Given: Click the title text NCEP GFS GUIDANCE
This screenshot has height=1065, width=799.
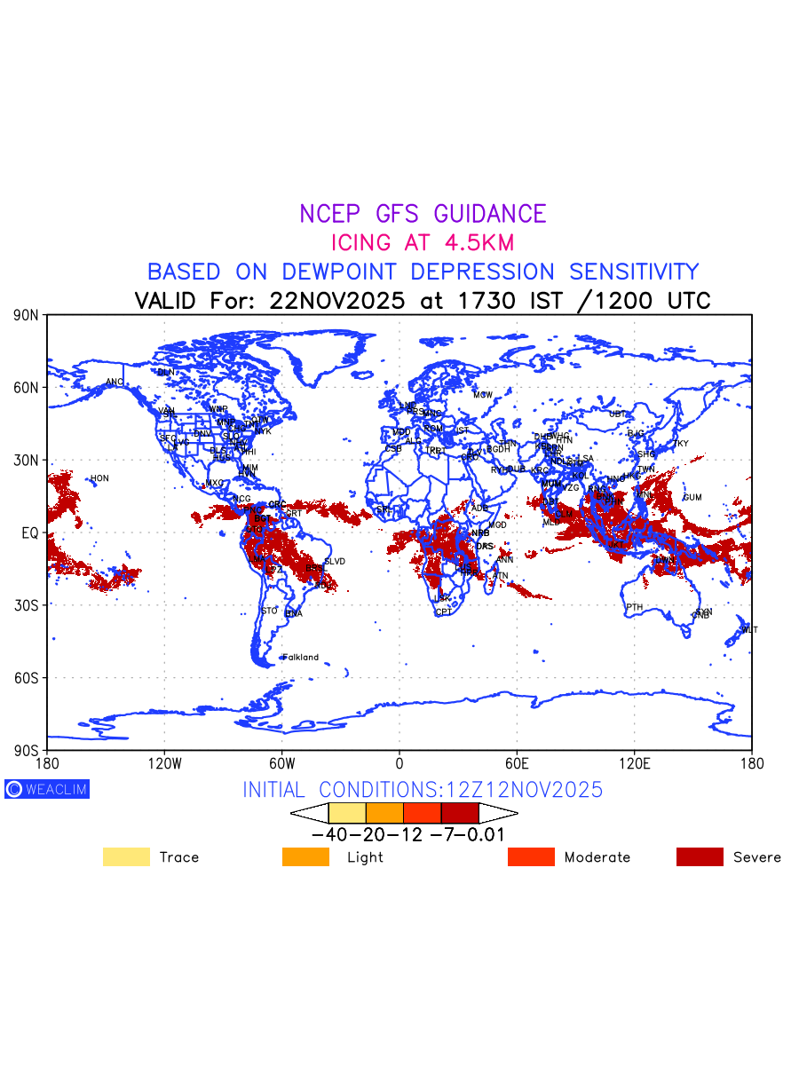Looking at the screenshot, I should tap(423, 214).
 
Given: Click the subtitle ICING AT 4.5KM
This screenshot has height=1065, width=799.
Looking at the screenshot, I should tap(423, 242).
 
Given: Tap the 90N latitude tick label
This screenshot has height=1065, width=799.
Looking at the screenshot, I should tap(28, 315).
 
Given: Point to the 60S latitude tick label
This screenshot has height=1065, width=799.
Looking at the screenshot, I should tap(28, 678).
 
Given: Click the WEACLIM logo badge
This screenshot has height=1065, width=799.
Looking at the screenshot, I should tap(47, 789).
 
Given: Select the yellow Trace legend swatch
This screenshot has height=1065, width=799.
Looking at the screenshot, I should tap(126, 856).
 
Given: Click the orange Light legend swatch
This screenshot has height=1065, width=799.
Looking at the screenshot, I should tap(305, 856).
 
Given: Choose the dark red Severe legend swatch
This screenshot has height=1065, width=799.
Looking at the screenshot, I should tap(700, 856).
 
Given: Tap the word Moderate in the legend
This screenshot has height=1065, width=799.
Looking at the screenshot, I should tap(597, 857).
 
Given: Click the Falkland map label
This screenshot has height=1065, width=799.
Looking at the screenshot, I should tap(300, 658).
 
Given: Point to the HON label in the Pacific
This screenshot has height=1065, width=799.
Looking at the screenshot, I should tap(99, 479).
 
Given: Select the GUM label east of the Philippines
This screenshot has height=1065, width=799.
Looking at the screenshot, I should tap(692, 498).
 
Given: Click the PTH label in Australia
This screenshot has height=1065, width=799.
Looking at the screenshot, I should tap(634, 608).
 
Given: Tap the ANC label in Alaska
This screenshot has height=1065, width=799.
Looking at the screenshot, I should tap(115, 383).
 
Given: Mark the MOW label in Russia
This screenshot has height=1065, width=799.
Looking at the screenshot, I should tap(483, 395).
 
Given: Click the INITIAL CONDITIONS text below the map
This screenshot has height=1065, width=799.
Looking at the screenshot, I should tap(423, 790).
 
